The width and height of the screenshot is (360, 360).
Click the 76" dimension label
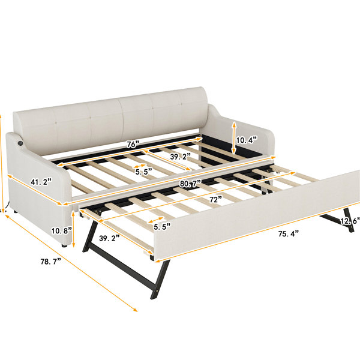click(133, 145)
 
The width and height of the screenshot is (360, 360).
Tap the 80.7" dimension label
click(191, 184)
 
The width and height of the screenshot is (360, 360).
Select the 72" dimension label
click(215, 200)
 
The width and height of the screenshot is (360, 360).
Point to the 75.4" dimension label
click(289, 234)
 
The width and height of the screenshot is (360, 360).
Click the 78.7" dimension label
click(51, 261)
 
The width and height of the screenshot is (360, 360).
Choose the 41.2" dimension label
click(41, 182)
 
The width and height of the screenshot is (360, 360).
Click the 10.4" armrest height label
click(247, 140)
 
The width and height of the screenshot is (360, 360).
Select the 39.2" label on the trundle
click(109, 238)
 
